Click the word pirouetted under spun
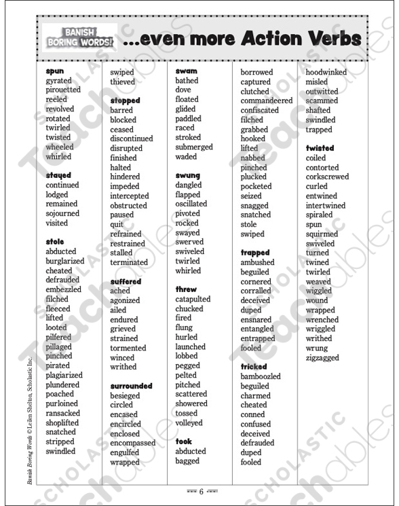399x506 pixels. [63, 90]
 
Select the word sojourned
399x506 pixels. [62, 213]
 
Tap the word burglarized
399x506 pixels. [65, 261]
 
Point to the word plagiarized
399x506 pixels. [64, 375]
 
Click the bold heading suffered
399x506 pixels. [126, 281]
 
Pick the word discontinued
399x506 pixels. [132, 139]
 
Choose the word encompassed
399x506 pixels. [133, 443]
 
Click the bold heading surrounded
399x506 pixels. [132, 386]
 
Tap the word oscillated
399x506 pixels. [191, 204]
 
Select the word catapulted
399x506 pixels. [193, 299]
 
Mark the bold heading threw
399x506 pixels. [186, 289]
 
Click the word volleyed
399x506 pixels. [189, 422]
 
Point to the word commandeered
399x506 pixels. [267, 101]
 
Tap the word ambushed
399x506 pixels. [258, 262]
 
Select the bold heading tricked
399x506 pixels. [254, 367]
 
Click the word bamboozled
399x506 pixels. [261, 376]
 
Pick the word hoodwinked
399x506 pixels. [326, 72]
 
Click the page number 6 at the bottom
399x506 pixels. [202, 491]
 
